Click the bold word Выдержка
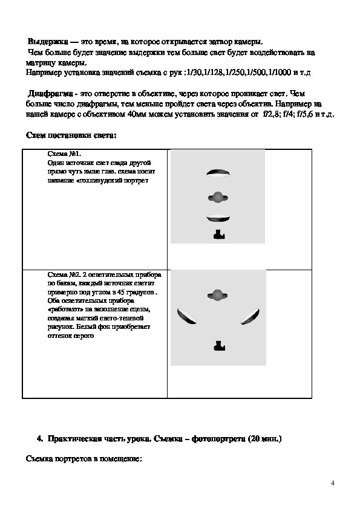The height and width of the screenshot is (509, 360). pyautogui.click(x=48, y=42)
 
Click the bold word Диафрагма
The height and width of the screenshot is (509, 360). pyautogui.click(x=50, y=94)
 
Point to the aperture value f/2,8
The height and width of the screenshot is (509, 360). pyautogui.click(x=270, y=114)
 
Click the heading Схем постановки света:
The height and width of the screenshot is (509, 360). pyautogui.click(x=71, y=135)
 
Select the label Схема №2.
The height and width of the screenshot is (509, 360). pyautogui.click(x=64, y=274)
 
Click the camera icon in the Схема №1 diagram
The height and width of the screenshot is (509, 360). pyautogui.click(x=219, y=235)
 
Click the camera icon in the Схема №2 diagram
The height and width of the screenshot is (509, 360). pyautogui.click(x=219, y=346)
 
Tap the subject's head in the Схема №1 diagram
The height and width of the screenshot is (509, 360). pyautogui.click(x=218, y=197)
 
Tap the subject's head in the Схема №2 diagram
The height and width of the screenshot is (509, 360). pyautogui.click(x=217, y=295)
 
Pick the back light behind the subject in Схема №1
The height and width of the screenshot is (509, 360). pyautogui.click(x=218, y=173)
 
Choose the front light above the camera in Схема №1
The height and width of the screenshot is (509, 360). pyautogui.click(x=218, y=218)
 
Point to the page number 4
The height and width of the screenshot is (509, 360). pyautogui.click(x=332, y=484)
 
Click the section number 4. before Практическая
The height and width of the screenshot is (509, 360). pyautogui.click(x=40, y=439)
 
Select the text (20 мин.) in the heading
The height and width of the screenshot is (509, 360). pyautogui.click(x=264, y=439)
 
